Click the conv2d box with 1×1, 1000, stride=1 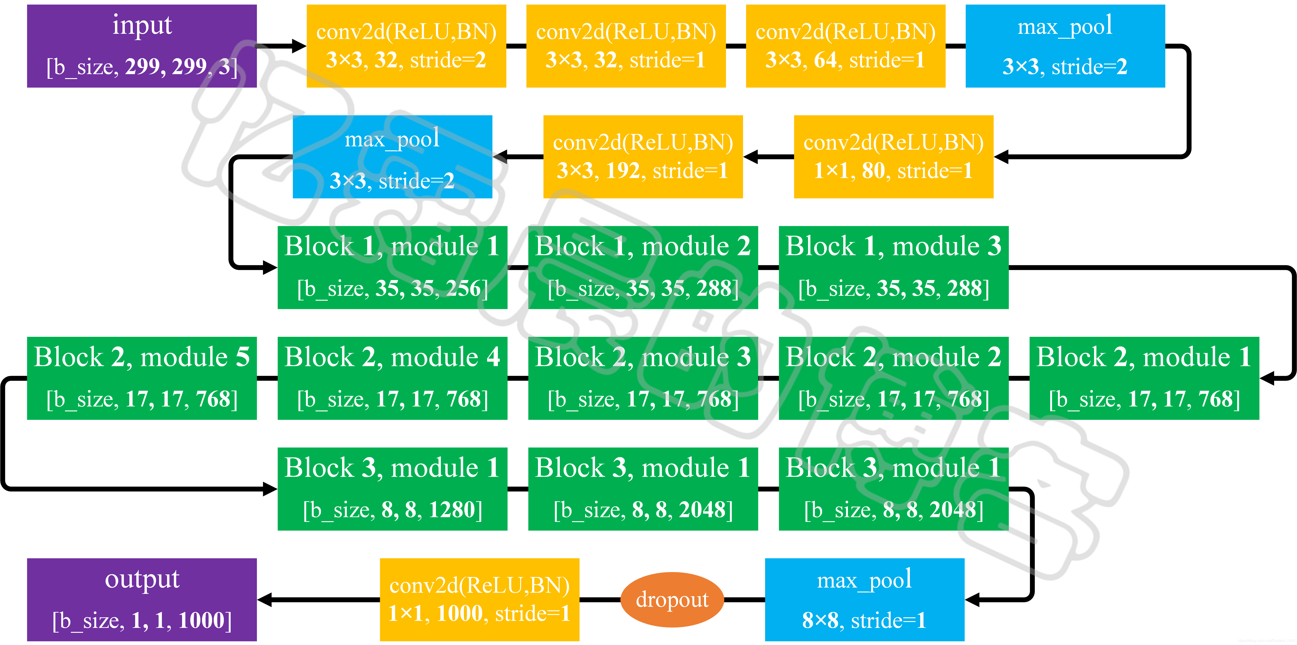click(x=479, y=599)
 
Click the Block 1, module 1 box click(x=392, y=267)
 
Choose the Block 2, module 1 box click(x=1144, y=378)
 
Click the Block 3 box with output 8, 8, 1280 click(x=392, y=489)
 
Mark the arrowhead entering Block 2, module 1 click(x=1267, y=378)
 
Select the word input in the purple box click(x=142, y=25)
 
